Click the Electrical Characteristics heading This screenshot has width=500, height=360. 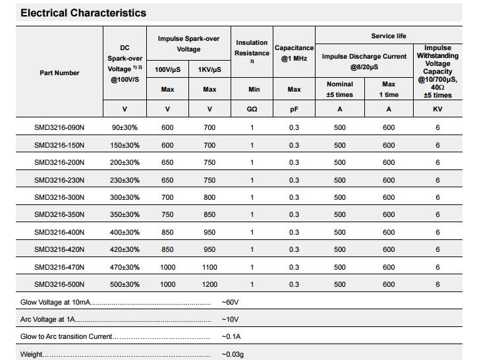pyautogui.click(x=84, y=13)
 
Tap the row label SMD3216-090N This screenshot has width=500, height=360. pyautogui.click(x=59, y=127)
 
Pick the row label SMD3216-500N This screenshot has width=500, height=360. pyautogui.click(x=59, y=284)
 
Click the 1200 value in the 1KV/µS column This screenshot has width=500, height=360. pyautogui.click(x=209, y=284)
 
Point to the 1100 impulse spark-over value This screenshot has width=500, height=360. pyautogui.click(x=209, y=267)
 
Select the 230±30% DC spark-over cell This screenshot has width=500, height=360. pyautogui.click(x=125, y=180)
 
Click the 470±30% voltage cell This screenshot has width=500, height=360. pyautogui.click(x=125, y=267)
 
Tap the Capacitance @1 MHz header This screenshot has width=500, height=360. pyautogui.click(x=294, y=53)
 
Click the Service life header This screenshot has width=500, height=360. pyautogui.click(x=389, y=36)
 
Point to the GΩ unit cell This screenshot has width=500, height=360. pyautogui.click(x=252, y=109)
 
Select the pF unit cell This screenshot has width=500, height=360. pyautogui.click(x=294, y=109)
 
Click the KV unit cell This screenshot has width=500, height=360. pyautogui.click(x=437, y=109)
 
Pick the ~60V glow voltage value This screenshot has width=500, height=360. pyautogui.click(x=230, y=302)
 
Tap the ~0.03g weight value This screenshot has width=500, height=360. pyautogui.click(x=233, y=355)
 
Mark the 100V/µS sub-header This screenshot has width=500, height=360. pyautogui.click(x=167, y=69)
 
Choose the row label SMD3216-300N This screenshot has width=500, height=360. pyautogui.click(x=59, y=197)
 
